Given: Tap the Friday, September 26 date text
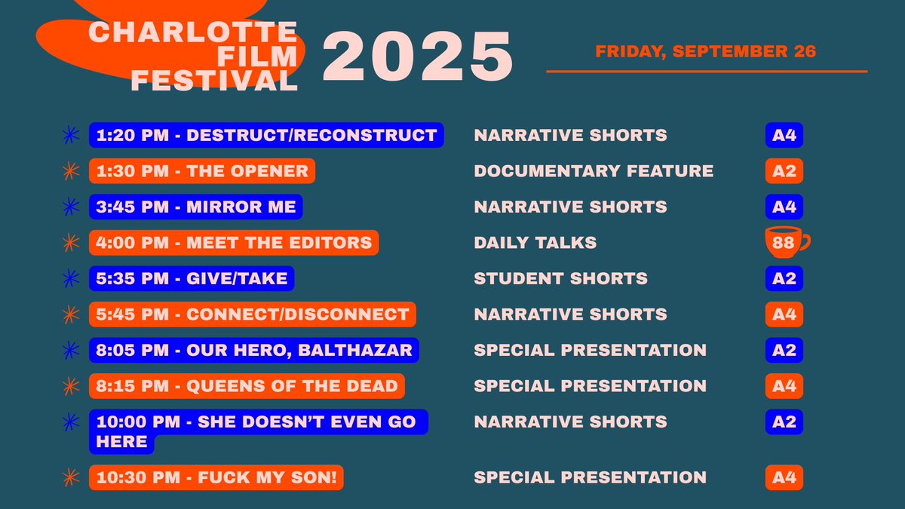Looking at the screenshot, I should [705, 52].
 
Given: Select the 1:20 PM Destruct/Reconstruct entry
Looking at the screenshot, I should [266, 136].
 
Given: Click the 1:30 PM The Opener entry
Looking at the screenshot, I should [202, 171].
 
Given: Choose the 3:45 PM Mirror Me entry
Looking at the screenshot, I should [196, 207].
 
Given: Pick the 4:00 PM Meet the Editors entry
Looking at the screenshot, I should [234, 243].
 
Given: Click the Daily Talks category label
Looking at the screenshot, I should [535, 243].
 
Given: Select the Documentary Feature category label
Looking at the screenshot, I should [594, 171].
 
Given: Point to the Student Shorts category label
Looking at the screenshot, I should [560, 278].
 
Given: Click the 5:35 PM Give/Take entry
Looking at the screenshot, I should [192, 278].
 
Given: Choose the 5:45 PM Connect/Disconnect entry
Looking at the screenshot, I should [253, 314].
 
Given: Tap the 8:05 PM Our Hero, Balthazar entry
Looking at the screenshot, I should [254, 350].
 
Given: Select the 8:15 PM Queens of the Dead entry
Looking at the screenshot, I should [247, 386].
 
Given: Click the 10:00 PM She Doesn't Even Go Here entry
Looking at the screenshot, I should [256, 431].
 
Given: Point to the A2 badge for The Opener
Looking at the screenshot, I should [784, 171].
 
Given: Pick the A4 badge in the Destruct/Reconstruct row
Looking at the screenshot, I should [784, 136].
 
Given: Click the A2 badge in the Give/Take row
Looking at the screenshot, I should [784, 278].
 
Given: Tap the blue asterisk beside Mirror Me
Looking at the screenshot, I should [70, 207].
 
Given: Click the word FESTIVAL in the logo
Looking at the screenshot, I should [214, 81].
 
